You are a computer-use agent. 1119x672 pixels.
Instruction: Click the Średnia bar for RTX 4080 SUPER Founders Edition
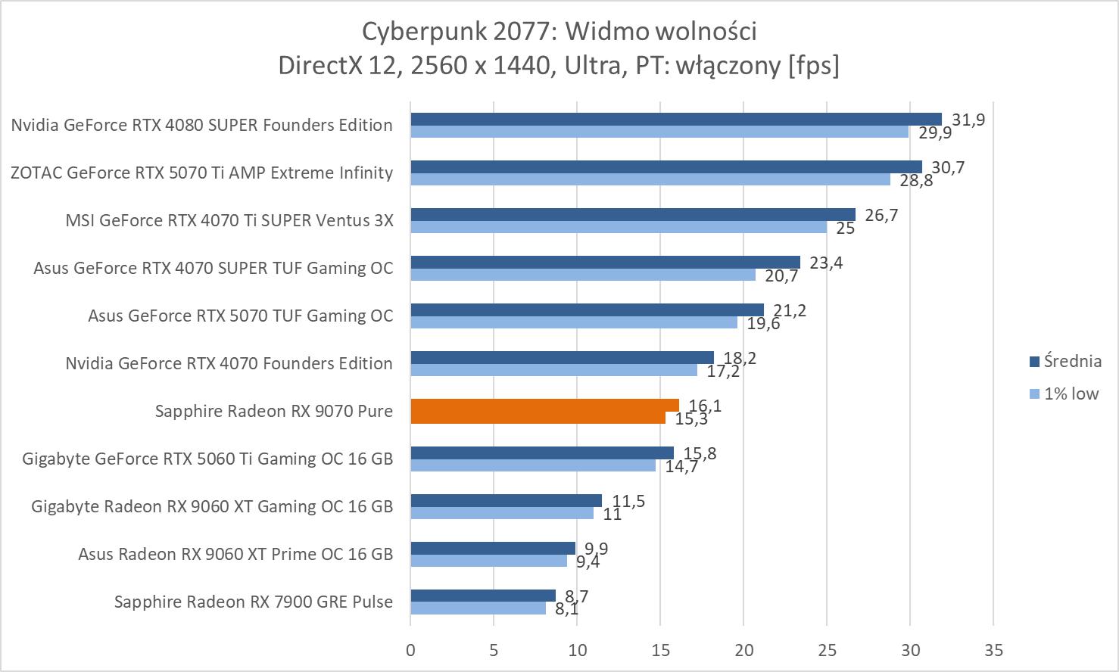(675, 119)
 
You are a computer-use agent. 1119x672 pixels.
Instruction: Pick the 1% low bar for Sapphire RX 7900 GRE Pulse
(478, 608)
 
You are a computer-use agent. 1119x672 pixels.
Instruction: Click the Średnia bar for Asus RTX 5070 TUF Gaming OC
(587, 310)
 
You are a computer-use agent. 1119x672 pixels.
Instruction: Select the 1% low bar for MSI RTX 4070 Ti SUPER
(618, 227)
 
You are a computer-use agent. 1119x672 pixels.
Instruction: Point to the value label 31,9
(968, 120)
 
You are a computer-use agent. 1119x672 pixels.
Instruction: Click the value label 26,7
(881, 215)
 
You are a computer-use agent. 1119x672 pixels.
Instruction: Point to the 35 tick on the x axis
(993, 649)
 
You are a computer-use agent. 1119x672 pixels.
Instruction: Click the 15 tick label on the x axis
(660, 649)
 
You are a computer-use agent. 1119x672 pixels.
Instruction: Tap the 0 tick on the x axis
(410, 649)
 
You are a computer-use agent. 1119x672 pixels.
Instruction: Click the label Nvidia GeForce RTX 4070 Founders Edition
(229, 363)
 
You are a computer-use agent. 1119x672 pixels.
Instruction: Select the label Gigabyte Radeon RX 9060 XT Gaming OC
(212, 506)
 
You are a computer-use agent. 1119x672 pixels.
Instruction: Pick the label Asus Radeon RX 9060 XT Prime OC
(235, 554)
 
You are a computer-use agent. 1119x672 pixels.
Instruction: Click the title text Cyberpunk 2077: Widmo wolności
(559, 31)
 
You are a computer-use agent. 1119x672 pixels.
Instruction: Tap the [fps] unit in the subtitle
(813, 65)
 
